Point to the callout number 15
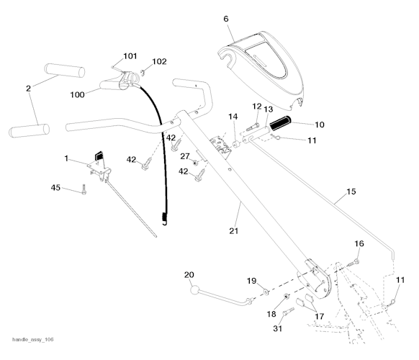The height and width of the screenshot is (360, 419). (351, 192)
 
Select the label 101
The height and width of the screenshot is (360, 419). (130, 56)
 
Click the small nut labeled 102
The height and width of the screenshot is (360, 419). (143, 71)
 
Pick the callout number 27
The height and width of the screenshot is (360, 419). (185, 156)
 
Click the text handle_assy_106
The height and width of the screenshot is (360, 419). (33, 339)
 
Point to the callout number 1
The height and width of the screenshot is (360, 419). (66, 158)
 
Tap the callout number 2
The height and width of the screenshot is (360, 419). (28, 89)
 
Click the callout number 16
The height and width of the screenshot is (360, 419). (359, 244)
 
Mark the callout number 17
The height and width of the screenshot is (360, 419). (317, 315)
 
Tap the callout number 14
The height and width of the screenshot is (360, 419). (233, 117)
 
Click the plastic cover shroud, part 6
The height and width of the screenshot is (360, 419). (266, 61)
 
